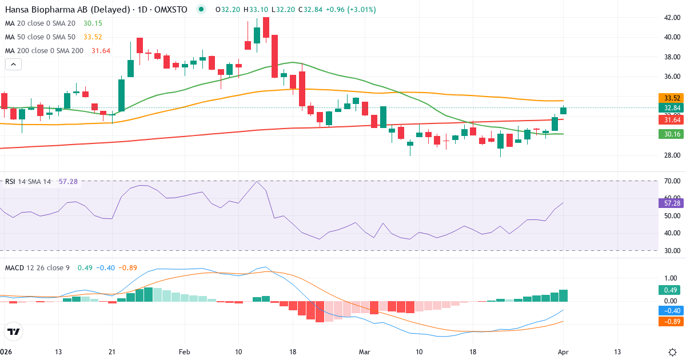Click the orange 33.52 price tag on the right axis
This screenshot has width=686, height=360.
point(669,98)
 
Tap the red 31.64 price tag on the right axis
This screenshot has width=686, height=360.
point(669,119)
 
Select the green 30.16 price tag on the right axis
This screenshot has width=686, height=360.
point(669,134)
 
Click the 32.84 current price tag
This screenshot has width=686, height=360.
point(669,108)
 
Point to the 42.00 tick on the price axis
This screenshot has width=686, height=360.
point(668,18)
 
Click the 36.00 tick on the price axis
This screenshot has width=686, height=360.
point(668,77)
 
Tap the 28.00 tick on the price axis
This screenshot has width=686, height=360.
point(668,155)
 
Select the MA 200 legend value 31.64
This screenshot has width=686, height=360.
point(101,51)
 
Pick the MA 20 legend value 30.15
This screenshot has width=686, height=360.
point(93,23)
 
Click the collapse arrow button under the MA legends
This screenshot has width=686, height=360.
point(13,65)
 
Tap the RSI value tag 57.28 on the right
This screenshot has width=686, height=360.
point(669,203)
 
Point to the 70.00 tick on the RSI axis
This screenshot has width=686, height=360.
point(668,181)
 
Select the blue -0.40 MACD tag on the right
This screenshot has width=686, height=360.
point(669,311)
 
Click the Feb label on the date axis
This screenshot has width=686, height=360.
point(184,351)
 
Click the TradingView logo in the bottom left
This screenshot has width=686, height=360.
point(13,331)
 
